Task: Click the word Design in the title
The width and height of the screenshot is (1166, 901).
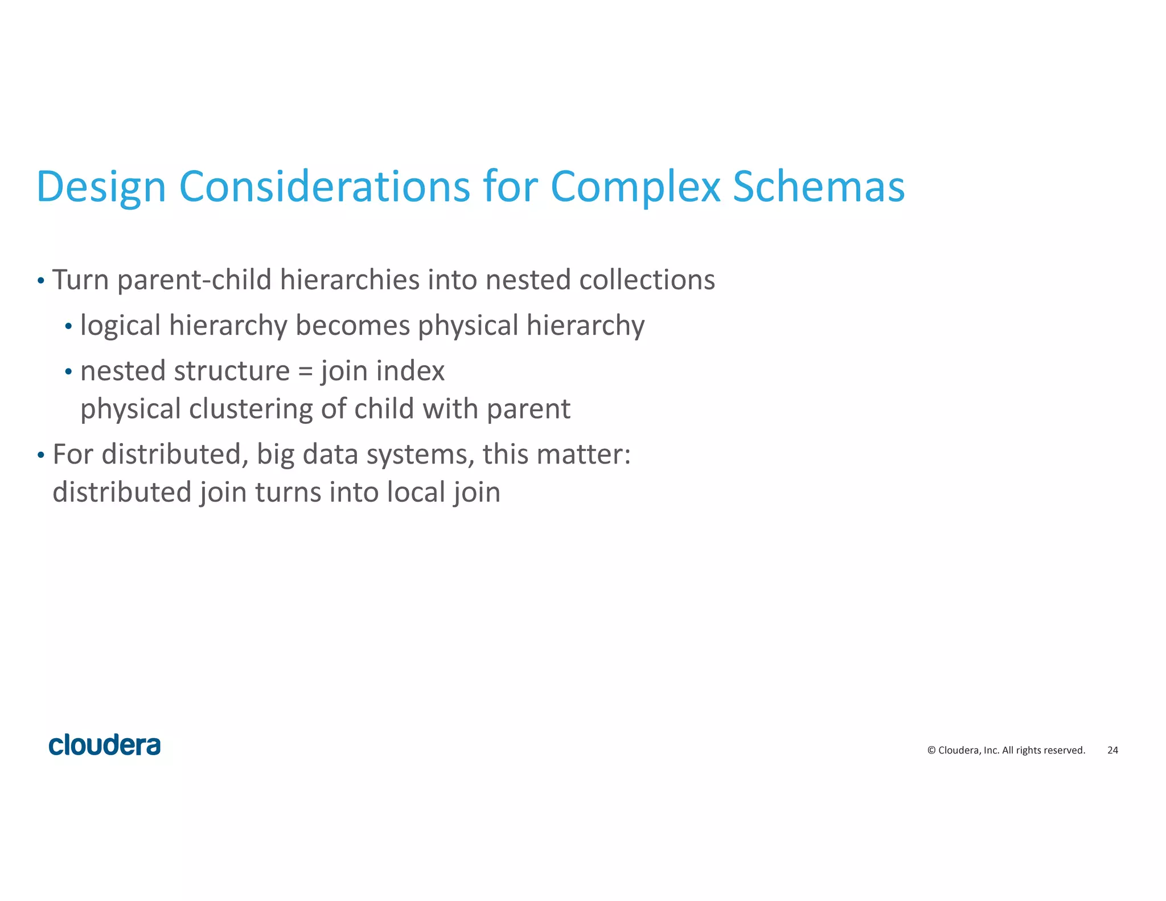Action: pyautogui.click(x=101, y=187)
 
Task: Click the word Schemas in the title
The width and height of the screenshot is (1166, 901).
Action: pyautogui.click(x=818, y=187)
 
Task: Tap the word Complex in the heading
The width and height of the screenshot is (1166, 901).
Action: pyautogui.click(x=635, y=187)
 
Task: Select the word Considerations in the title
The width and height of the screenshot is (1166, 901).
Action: pyautogui.click(x=325, y=187)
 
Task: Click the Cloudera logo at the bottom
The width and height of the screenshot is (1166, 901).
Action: pyautogui.click(x=105, y=746)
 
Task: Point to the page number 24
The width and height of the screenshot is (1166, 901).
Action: pyautogui.click(x=1112, y=751)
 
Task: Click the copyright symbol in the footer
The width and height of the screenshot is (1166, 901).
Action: pyautogui.click(x=931, y=751)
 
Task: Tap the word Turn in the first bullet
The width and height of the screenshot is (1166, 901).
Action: pyautogui.click(x=80, y=280)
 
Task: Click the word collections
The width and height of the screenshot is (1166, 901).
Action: pyautogui.click(x=647, y=280)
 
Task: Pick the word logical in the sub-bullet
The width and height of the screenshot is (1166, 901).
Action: pyautogui.click(x=121, y=326)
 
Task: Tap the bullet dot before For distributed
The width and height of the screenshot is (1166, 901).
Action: pyautogui.click(x=40, y=456)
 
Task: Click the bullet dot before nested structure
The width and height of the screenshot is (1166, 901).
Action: pyautogui.click(x=68, y=372)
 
